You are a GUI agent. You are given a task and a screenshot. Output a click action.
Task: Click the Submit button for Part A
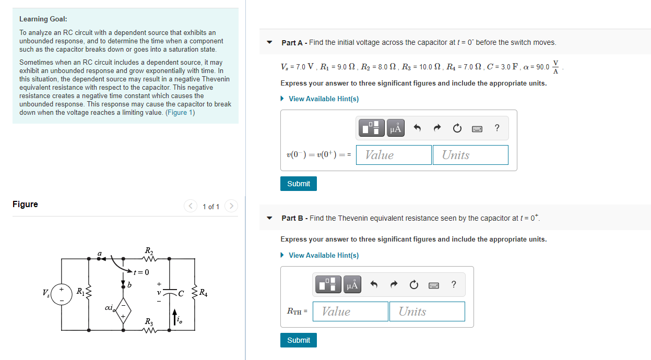tap(299, 184)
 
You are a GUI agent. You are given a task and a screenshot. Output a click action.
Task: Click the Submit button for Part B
tap(299, 340)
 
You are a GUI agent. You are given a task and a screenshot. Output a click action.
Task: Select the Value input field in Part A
tap(394, 155)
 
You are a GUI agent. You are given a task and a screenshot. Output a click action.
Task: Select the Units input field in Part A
tap(470, 155)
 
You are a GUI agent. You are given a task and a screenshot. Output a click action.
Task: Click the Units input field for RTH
tap(427, 311)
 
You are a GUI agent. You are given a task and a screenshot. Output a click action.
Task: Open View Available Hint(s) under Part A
tap(323, 99)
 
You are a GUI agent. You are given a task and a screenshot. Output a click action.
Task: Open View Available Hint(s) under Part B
tap(323, 255)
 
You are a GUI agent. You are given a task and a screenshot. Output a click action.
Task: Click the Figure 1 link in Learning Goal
tap(180, 113)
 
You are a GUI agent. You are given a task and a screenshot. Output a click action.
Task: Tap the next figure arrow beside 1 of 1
tap(231, 206)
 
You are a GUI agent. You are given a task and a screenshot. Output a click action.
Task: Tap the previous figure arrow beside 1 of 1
tap(191, 206)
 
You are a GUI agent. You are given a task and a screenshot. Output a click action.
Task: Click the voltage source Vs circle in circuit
tap(62, 294)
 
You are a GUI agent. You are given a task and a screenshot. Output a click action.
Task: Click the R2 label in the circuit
tap(149, 250)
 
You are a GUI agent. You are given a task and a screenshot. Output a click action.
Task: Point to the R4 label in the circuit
tap(203, 294)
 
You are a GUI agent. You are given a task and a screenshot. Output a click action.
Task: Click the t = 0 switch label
tap(141, 272)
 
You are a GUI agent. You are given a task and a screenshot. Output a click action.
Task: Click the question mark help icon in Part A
tap(496, 128)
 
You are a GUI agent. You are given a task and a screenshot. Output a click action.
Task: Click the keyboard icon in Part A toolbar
tap(477, 128)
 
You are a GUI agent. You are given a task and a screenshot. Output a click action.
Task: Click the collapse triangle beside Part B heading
tap(269, 218)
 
